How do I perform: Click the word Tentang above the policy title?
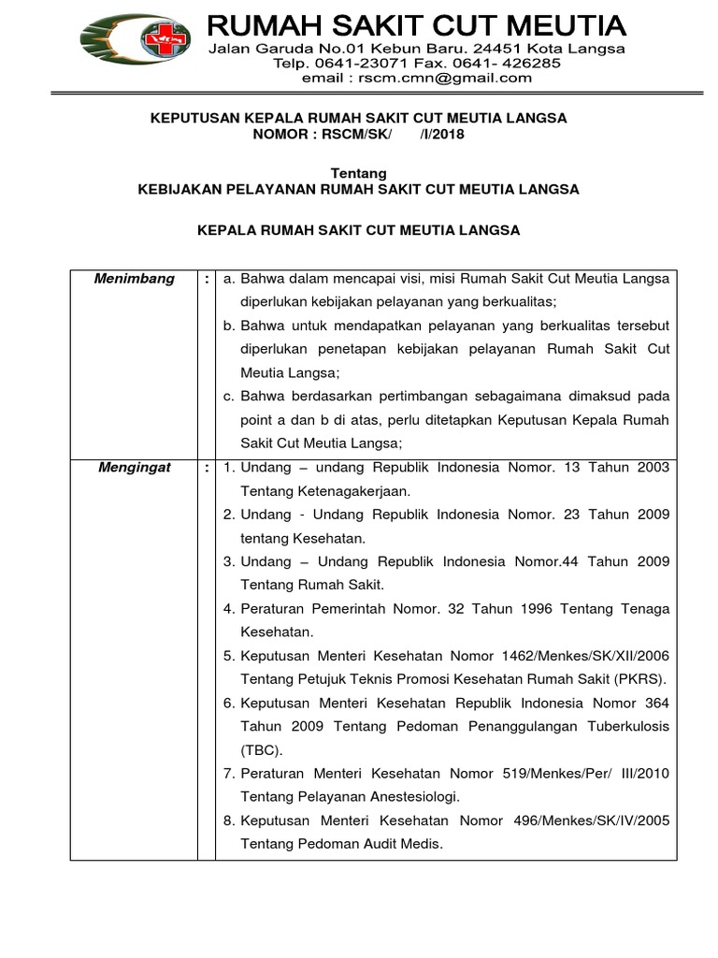pos(359,172)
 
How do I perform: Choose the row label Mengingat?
pos(135,468)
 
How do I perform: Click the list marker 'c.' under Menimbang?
pos(229,397)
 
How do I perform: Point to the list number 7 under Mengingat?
pos(228,774)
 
